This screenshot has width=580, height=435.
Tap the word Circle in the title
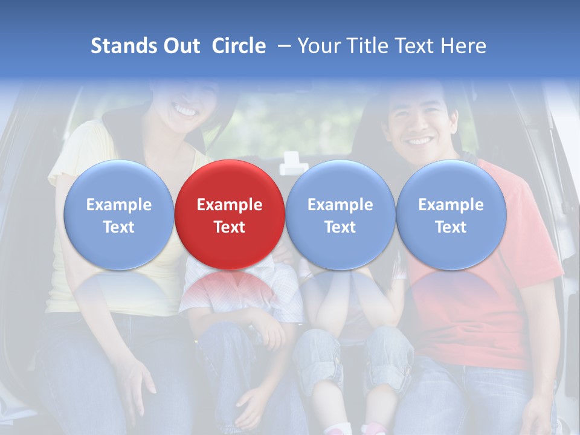point(239,46)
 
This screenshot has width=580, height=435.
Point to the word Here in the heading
point(463,46)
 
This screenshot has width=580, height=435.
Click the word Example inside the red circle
point(230,205)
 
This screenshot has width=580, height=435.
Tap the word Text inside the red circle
point(230,227)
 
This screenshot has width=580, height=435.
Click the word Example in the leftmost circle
point(118,205)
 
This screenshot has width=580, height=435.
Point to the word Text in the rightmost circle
point(451,227)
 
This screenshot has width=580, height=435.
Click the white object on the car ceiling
point(294,163)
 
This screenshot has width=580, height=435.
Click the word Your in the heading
point(317,46)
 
